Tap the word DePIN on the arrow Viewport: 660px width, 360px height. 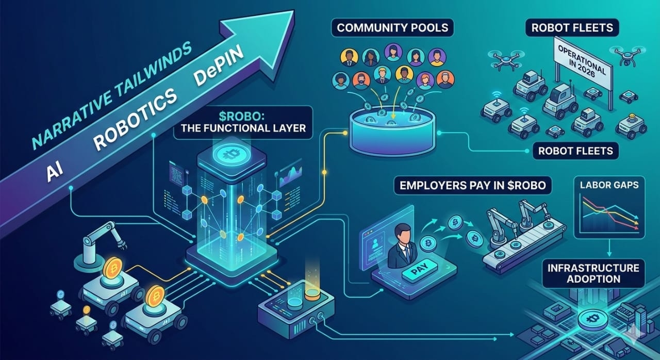coord(217,77)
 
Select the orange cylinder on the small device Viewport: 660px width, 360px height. coord(312,294)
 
